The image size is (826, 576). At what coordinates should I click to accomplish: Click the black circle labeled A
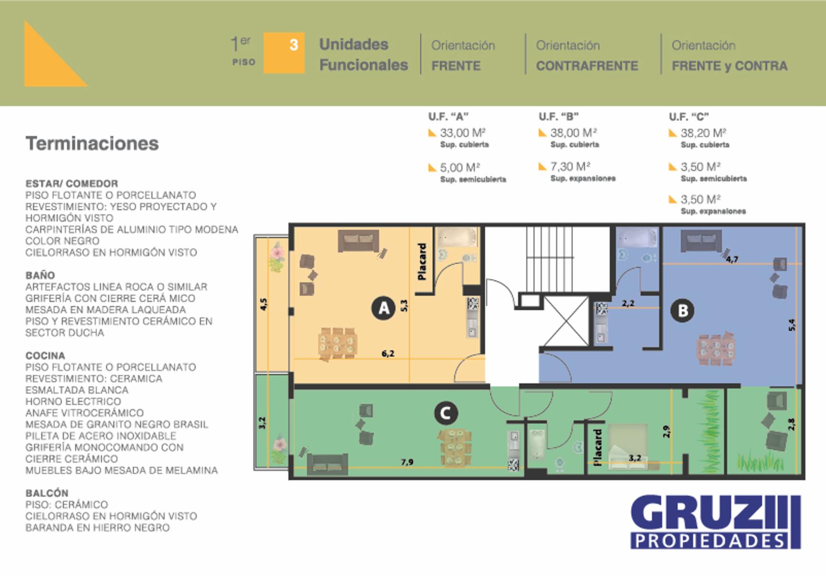tap(383, 308)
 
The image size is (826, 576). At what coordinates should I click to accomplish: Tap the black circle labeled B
tap(682, 311)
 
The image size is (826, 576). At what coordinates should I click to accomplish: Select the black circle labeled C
tap(445, 413)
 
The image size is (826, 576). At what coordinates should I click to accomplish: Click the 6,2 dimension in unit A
tap(388, 354)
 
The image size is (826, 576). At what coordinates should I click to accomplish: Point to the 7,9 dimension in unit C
tap(407, 462)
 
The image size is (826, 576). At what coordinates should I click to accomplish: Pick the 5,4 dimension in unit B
tap(792, 325)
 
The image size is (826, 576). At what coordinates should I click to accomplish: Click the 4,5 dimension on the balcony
tap(263, 304)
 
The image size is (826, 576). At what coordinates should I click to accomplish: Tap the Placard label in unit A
tap(422, 262)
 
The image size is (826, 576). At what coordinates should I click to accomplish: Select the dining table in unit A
tap(337, 343)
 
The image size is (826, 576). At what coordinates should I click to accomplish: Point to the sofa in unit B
tap(701, 240)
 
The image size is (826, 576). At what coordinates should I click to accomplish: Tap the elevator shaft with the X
tap(566, 321)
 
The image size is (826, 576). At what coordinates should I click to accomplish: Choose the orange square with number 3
tap(284, 53)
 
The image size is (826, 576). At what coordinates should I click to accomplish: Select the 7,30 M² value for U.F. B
tap(570, 167)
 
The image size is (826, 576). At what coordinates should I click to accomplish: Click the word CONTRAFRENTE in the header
tap(587, 66)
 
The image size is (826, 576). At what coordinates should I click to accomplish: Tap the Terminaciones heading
tap(92, 144)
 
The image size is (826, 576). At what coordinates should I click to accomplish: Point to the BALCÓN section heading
tap(47, 493)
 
